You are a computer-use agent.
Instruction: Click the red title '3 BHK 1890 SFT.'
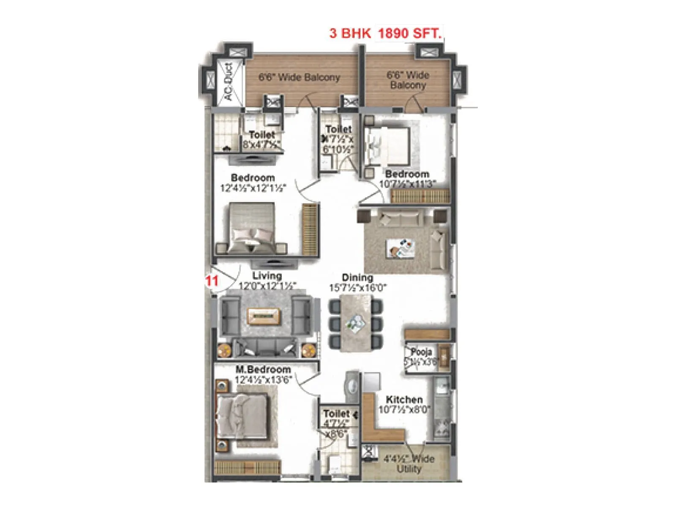click(x=385, y=33)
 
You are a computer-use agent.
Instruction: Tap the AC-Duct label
click(x=229, y=82)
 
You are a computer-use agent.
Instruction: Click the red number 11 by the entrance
click(x=212, y=281)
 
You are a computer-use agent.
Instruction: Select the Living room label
click(x=267, y=276)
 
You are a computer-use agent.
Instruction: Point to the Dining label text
click(x=357, y=278)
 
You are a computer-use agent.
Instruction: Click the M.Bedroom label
click(x=263, y=370)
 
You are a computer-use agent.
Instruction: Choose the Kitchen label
click(x=404, y=399)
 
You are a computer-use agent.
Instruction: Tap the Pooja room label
click(x=421, y=352)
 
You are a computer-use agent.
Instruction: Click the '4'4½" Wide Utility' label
click(x=409, y=463)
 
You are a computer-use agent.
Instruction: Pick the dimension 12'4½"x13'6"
click(x=263, y=379)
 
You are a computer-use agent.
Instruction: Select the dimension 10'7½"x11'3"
click(x=407, y=184)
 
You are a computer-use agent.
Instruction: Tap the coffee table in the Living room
click(x=264, y=316)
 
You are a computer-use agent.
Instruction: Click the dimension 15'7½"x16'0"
click(x=358, y=288)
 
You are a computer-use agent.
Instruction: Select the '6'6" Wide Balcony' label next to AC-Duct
click(x=299, y=78)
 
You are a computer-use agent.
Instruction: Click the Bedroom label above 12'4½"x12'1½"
click(x=253, y=177)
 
